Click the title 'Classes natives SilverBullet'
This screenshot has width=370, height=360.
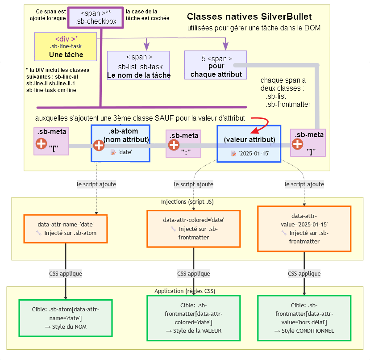pyautogui.click(x=249, y=17)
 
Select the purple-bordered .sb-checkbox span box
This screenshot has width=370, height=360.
pyautogui.click(x=96, y=17)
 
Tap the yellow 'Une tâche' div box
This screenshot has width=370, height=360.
pyautogui.click(x=66, y=46)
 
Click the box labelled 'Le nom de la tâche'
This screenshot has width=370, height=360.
pyautogui.click(x=138, y=66)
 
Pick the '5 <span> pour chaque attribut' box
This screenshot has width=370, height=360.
pyautogui.click(x=216, y=65)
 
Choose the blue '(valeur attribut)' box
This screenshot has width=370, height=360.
pyautogui.click(x=249, y=143)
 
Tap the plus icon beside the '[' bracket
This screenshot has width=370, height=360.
pyautogui.click(x=41, y=143)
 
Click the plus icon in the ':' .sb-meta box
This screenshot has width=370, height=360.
pyautogui.click(x=174, y=145)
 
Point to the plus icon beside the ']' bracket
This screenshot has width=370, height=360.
pyautogui.click(x=297, y=144)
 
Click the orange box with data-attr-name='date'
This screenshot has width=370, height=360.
pyautogui.click(x=66, y=229)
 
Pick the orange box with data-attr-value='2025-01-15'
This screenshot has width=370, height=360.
pyautogui.click(x=304, y=228)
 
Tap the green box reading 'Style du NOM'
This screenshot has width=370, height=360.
pyautogui.click(x=66, y=318)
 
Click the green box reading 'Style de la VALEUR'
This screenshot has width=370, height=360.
pyautogui.click(x=193, y=318)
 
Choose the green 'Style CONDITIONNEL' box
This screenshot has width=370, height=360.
pyautogui.click(x=304, y=318)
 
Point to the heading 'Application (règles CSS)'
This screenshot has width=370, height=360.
pyautogui.click(x=185, y=291)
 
